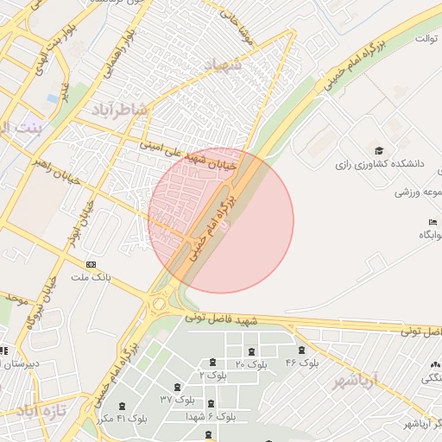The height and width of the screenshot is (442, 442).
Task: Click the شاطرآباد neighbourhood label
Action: pyautogui.click(x=120, y=110)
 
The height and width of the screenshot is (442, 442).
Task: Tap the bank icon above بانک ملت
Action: pyautogui.click(x=92, y=266)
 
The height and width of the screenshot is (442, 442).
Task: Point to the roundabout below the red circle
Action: pyautogui.click(x=159, y=303)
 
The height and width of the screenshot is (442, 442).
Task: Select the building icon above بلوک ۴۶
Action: pyautogui.click(x=301, y=350)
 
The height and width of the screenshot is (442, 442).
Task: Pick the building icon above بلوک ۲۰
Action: pyautogui.click(x=251, y=351)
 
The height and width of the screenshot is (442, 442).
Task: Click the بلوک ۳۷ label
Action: pyautogui.click(x=177, y=400)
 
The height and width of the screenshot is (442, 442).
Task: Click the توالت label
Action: pyautogui.click(x=427, y=39)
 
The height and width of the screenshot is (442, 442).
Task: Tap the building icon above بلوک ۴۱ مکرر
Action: pyautogui.click(x=120, y=404)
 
